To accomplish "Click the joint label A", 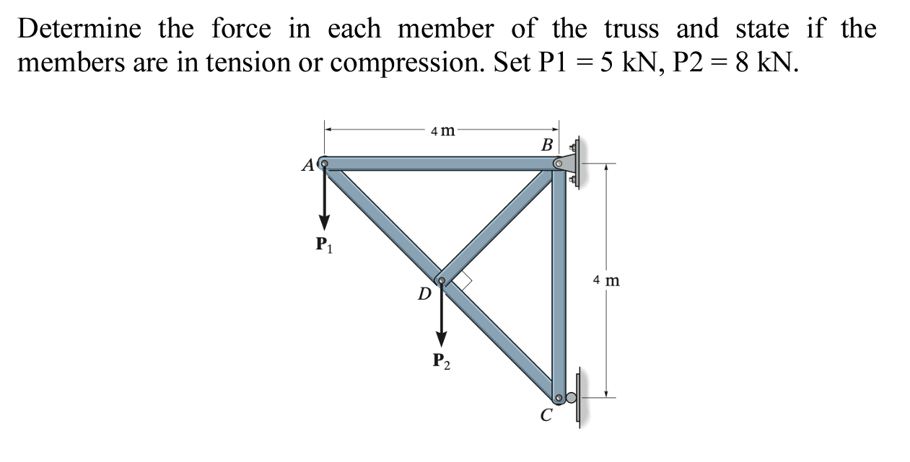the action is coord(308,166).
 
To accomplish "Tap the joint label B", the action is coord(547,145).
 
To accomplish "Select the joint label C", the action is coord(546,415).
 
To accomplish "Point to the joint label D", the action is coord(425,293).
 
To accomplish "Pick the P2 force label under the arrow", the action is coord(441,360).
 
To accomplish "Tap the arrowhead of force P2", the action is coord(441,338).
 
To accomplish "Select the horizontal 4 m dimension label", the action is coord(442,130).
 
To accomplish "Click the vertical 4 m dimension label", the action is coord(606,280).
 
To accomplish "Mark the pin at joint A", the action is coord(324,163).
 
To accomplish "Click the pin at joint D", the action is coord(441,280).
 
